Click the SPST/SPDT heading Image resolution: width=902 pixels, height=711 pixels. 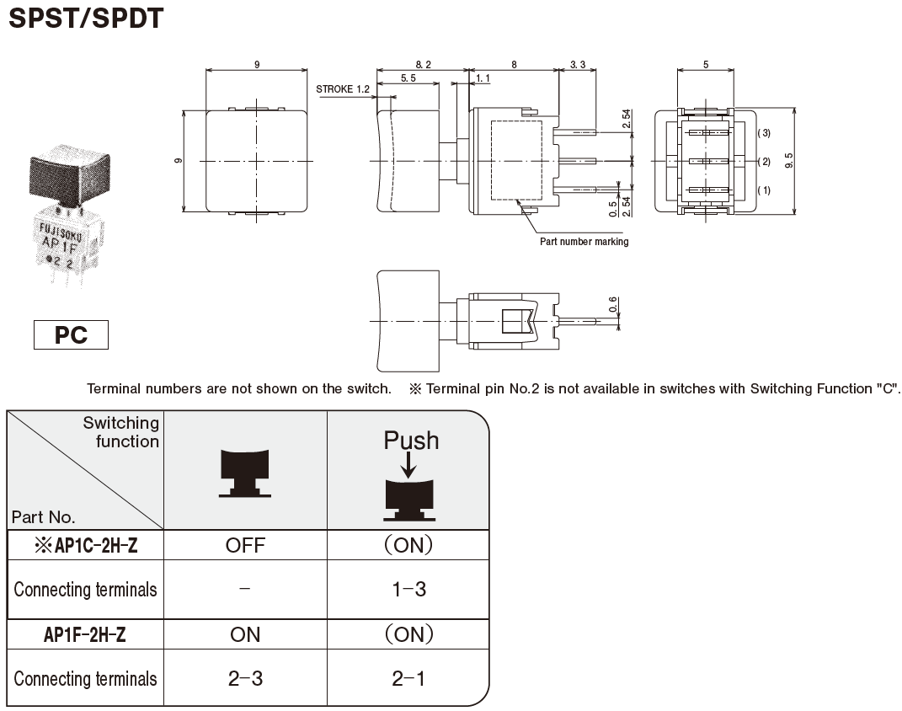click(x=85, y=18)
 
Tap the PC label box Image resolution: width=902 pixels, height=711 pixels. click(x=72, y=334)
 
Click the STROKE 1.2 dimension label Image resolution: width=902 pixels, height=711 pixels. click(x=343, y=88)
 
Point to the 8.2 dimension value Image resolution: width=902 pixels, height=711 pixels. click(x=422, y=64)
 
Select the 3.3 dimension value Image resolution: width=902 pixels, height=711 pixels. click(x=579, y=64)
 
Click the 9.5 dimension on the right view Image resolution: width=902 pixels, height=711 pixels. click(x=788, y=160)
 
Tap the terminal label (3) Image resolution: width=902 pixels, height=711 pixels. click(x=763, y=133)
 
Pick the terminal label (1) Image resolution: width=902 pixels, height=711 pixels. click(x=763, y=190)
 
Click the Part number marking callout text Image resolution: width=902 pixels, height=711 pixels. click(x=584, y=242)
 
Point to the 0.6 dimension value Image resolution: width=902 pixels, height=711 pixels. click(x=613, y=303)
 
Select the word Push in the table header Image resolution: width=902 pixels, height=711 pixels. click(x=411, y=441)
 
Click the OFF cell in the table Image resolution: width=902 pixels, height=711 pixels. click(x=245, y=545)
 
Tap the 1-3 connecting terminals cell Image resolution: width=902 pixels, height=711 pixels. click(x=409, y=590)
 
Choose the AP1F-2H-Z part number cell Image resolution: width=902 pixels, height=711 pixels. click(x=85, y=634)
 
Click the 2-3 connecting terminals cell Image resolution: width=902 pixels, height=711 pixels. click(x=245, y=678)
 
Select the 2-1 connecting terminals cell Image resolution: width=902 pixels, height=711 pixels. click(x=409, y=678)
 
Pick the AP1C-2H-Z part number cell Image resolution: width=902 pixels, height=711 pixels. click(x=86, y=545)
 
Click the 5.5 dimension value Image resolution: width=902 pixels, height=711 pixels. click(x=408, y=78)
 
